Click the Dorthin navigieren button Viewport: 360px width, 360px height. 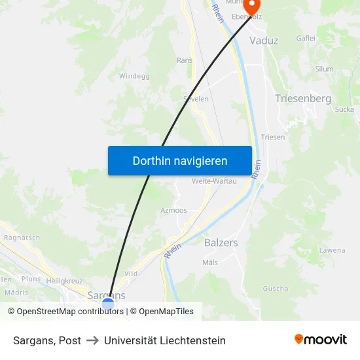(x=180, y=160)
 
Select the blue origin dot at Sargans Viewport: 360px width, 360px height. (x=108, y=304)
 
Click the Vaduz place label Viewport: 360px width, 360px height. (x=264, y=41)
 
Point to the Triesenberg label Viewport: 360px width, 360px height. (x=303, y=99)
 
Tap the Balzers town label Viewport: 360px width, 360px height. (x=221, y=242)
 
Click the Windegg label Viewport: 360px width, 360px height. (x=134, y=77)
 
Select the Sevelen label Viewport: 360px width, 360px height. (x=196, y=99)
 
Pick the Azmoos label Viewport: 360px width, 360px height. (x=173, y=211)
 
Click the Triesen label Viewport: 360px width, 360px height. (x=273, y=137)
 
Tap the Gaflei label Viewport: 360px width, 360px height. (x=306, y=39)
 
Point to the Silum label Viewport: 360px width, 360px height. (x=324, y=69)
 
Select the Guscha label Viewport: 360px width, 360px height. (x=275, y=289)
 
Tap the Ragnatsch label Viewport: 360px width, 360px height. (x=22, y=238)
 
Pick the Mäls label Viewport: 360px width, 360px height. (x=210, y=262)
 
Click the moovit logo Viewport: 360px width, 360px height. (x=321, y=340)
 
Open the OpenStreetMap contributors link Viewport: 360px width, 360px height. (x=70, y=312)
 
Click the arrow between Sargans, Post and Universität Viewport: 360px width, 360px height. (x=92, y=340)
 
